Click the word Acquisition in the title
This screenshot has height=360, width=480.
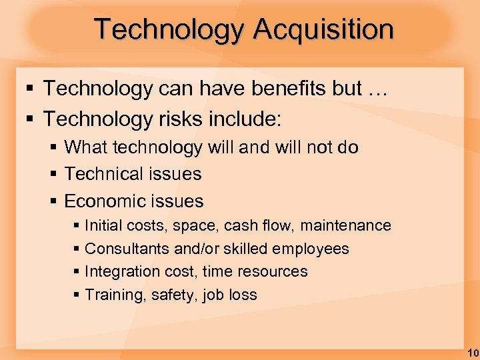point(323,30)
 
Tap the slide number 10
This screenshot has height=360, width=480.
point(472,352)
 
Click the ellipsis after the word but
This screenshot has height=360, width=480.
point(375,88)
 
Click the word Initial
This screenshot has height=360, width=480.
point(104,226)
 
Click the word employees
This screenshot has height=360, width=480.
point(311,249)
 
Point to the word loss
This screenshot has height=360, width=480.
point(243,295)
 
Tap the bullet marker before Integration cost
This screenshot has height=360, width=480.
point(76,272)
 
